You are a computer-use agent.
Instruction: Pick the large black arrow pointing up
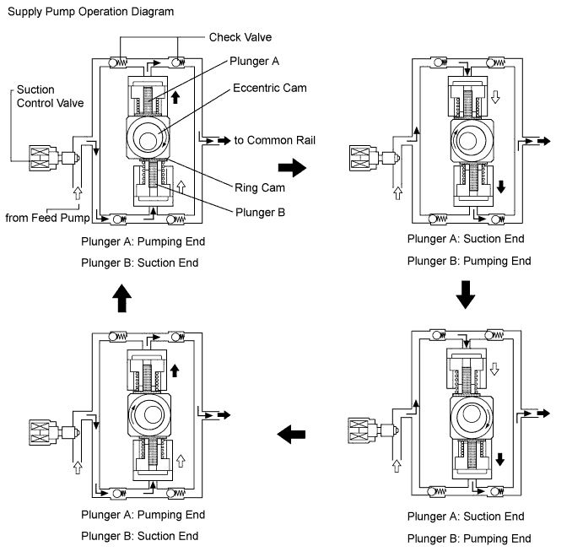click(122, 295)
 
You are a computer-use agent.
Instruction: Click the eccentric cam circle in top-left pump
click(149, 138)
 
